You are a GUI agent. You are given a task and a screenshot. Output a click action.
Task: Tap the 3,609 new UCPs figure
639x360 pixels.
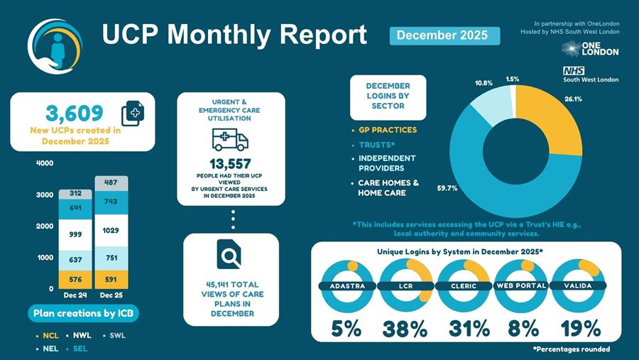coord(74,112)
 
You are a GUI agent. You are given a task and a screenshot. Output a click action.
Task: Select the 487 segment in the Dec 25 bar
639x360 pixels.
coord(111,182)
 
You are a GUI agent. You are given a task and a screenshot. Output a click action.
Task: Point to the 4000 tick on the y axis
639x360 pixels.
coord(44,163)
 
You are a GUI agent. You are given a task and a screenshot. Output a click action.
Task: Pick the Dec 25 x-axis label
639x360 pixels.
coord(111,294)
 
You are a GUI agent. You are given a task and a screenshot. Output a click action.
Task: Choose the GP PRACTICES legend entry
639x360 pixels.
coord(388,130)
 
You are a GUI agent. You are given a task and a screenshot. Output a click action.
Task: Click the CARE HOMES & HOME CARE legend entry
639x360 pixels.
coord(388,187)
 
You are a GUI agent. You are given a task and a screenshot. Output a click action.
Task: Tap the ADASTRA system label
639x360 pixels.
coord(348,286)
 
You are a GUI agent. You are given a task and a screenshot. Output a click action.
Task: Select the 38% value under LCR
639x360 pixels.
coord(405,329)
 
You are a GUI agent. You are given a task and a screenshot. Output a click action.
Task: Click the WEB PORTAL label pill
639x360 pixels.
coord(522,286)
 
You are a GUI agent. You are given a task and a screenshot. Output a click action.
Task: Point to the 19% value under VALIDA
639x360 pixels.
coord(580,329)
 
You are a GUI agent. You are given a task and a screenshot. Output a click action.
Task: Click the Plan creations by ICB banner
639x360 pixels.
coord(84,313)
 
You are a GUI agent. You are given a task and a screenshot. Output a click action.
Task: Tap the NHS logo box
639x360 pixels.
coord(572,70)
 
